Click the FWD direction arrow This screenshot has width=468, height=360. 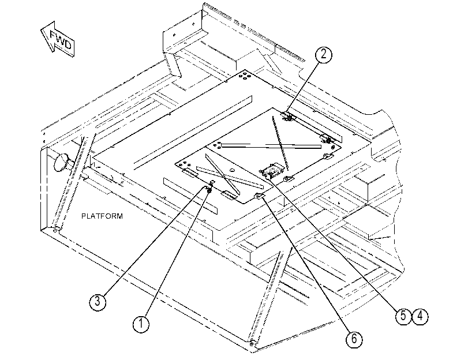point(57,39)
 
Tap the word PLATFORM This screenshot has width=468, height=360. point(102,216)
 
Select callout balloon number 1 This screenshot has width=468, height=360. point(141,324)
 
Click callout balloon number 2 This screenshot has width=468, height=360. point(324,55)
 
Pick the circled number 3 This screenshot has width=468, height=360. point(98,301)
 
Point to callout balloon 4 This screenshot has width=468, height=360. point(420,316)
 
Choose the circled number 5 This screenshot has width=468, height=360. point(403,316)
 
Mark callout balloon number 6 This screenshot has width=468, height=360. point(354,339)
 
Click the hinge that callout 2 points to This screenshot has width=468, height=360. point(288,117)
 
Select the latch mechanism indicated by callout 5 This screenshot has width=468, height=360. point(271,171)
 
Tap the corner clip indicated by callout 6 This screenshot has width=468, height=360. point(259,196)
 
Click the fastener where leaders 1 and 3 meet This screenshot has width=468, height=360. point(209,189)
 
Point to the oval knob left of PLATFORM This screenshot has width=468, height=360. point(61,162)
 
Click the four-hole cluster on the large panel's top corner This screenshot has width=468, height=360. point(245,75)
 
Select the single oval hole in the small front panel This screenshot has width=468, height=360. point(231,170)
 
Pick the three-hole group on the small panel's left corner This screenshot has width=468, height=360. point(184,164)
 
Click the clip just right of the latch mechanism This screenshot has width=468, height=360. point(289,179)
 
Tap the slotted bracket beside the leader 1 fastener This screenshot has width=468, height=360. point(229,194)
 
